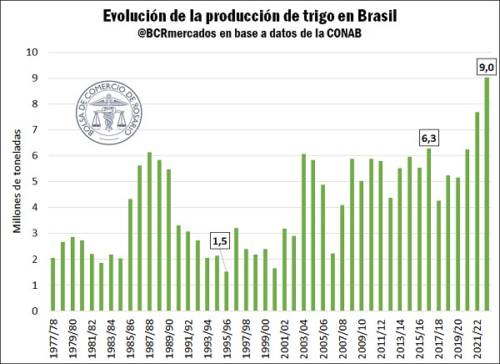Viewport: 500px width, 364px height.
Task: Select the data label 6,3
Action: click(428, 135)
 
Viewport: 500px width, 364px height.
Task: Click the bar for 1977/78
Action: click(52, 284)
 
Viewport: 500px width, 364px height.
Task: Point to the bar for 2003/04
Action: click(303, 233)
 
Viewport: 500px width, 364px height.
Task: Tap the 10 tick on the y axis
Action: click(34, 52)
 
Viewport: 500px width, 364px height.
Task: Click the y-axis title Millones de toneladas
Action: click(16, 182)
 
